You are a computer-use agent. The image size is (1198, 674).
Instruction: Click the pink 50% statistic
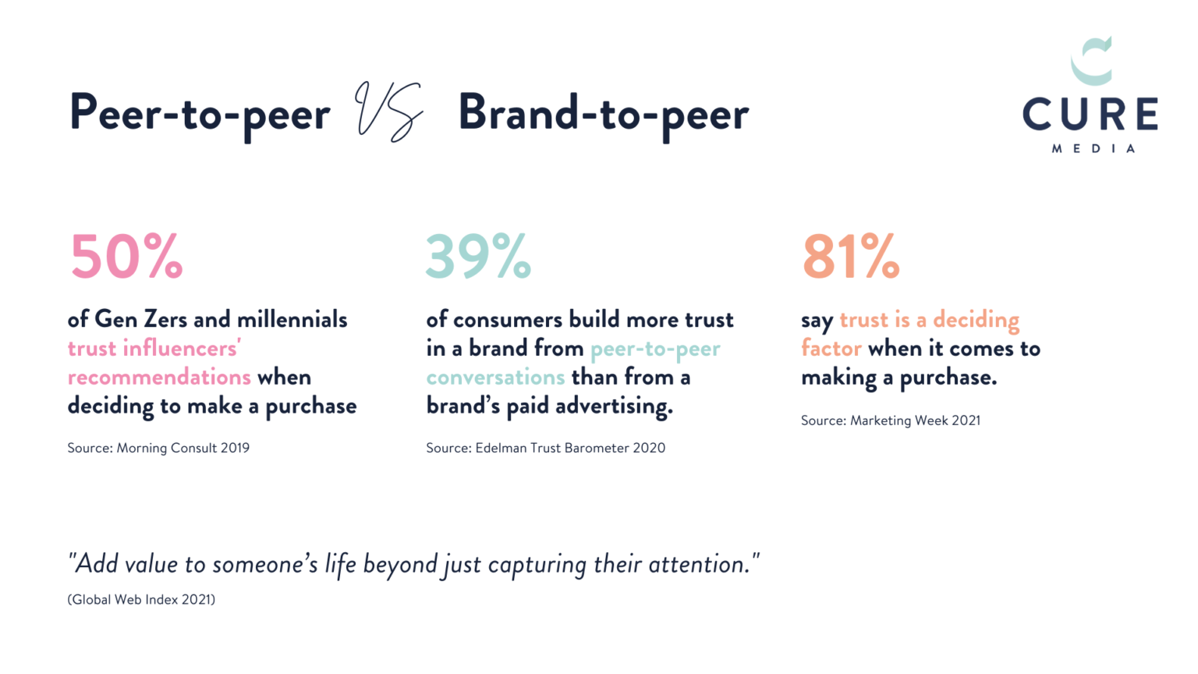127,256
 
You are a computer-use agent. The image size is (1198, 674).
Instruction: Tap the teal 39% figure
478,256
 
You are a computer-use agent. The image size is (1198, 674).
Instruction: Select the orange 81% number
851,256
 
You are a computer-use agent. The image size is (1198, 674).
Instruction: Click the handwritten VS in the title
389,112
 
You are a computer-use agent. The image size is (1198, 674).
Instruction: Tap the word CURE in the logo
1090,114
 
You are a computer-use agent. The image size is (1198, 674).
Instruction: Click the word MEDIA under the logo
1093,149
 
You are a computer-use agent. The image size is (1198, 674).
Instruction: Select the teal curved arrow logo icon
1092,61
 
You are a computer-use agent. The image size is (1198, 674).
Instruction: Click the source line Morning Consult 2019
158,448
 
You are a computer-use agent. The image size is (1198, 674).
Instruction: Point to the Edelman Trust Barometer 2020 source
545,448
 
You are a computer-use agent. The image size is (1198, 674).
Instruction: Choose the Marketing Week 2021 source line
891,420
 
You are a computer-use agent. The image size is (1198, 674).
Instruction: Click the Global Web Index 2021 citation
141,600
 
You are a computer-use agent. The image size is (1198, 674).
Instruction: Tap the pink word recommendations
159,377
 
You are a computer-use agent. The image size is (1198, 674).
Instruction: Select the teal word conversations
496,377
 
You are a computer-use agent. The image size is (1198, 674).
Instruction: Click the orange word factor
831,348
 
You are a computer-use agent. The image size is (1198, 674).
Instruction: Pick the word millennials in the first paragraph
292,319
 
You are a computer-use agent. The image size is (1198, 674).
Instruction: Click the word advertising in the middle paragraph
615,406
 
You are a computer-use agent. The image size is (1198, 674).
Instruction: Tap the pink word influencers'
182,348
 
